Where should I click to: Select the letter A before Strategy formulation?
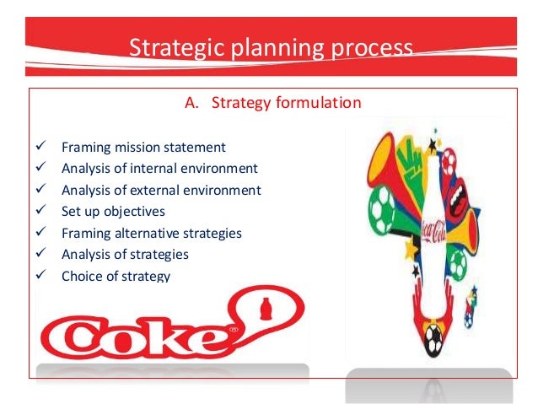point(190,104)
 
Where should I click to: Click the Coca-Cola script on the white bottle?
point(437,231)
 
